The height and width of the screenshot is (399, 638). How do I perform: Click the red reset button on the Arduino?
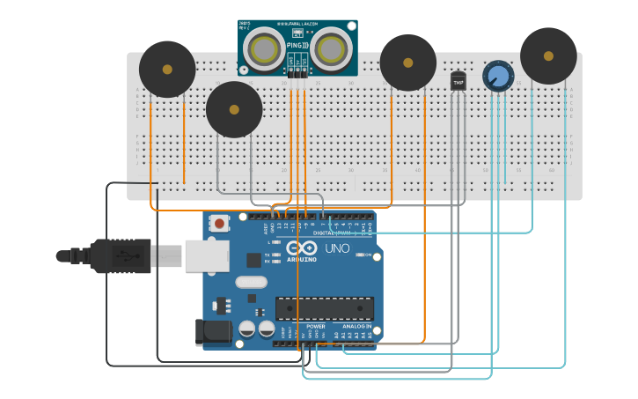click(x=219, y=224)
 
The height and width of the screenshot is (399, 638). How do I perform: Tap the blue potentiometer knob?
click(x=498, y=76)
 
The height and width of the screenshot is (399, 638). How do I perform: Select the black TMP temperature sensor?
click(x=458, y=81)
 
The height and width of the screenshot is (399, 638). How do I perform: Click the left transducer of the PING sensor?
click(x=264, y=50)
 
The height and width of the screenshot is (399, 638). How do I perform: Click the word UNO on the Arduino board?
click(x=338, y=248)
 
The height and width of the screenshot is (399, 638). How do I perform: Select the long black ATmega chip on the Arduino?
click(x=324, y=308)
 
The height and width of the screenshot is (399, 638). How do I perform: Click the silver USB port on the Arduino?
click(x=207, y=256)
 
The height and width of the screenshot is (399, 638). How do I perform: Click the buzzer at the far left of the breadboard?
click(x=167, y=69)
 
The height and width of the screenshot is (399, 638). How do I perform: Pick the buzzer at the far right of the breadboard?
click(x=548, y=55)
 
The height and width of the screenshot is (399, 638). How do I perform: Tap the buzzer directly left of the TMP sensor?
click(x=407, y=63)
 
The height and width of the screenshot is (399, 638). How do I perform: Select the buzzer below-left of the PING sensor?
click(x=234, y=110)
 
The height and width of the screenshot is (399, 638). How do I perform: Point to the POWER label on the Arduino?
click(x=316, y=325)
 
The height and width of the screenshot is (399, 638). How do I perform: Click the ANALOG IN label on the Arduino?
click(x=357, y=325)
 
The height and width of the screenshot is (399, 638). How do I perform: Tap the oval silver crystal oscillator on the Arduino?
click(x=251, y=283)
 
